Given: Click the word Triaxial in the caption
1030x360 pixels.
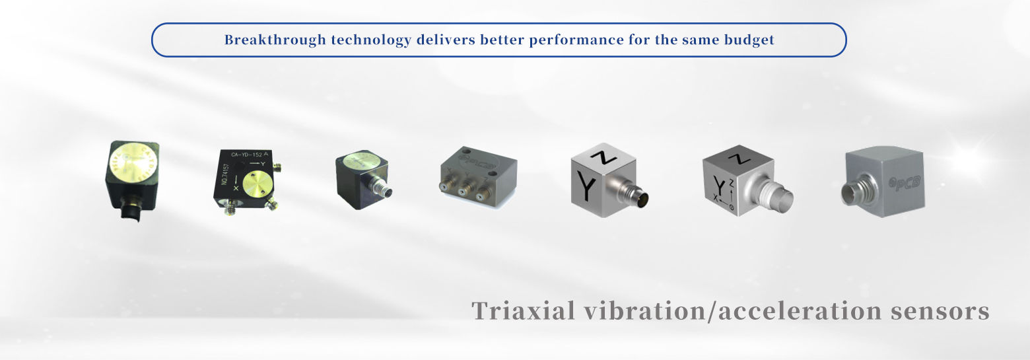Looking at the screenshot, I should coord(524,310).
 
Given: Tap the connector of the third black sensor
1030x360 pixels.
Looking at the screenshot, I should coord(384,192).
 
